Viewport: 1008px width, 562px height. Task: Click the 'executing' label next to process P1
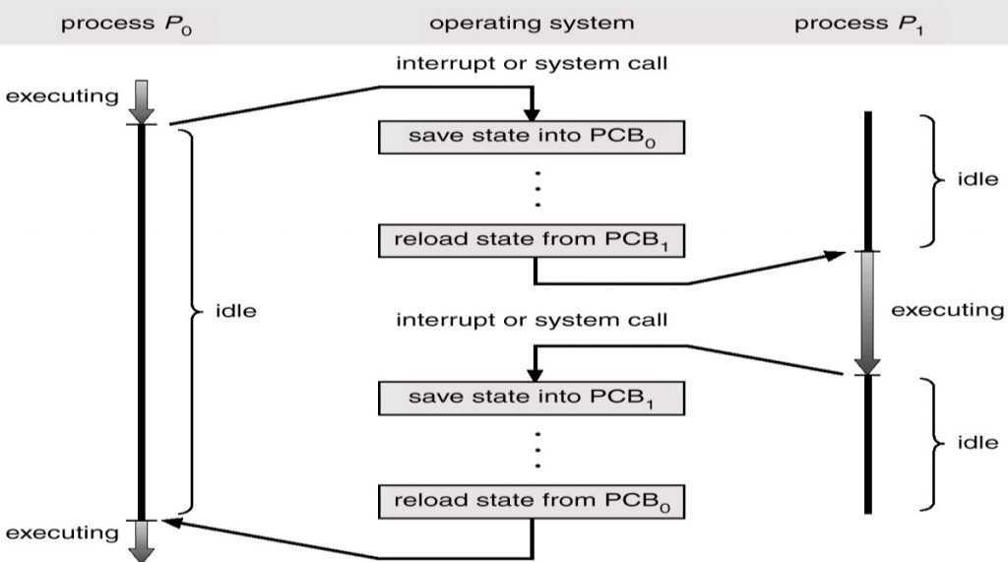click(x=948, y=310)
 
